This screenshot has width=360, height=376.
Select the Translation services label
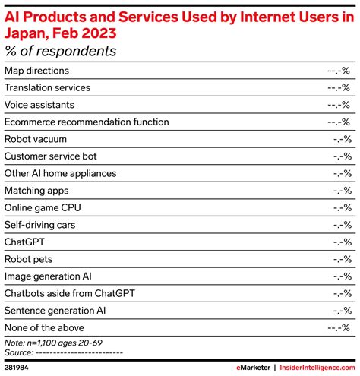tap(47, 88)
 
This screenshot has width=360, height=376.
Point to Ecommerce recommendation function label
tap(87, 122)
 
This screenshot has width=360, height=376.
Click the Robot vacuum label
tap(35, 139)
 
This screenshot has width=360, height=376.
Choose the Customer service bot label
tap(50, 156)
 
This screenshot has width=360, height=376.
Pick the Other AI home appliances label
tap(60, 173)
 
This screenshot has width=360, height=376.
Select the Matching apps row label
tap(36, 191)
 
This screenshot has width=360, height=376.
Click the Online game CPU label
tap(43, 207)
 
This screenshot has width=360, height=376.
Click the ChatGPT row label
tap(25, 242)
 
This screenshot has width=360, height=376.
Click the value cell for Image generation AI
tap(342, 276)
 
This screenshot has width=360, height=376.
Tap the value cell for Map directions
tap(339, 71)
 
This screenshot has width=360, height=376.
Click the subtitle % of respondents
tap(61, 51)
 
